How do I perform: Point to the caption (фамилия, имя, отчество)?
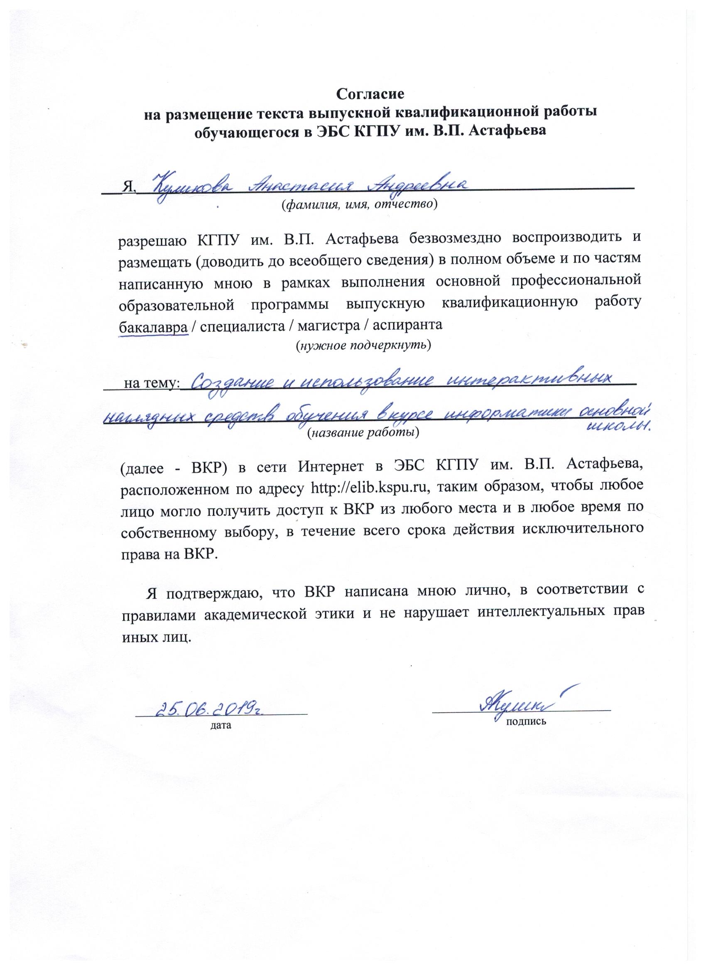[359, 205]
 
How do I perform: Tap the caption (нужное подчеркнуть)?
[363, 345]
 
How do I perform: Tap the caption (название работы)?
[363, 433]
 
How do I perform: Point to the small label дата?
[221, 725]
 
